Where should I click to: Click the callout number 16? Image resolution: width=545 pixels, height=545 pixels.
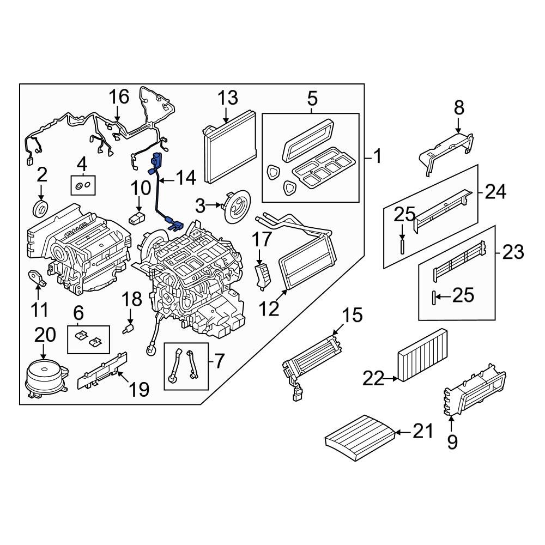pyautogui.click(x=118, y=97)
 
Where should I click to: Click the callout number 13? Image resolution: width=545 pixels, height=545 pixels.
pyautogui.click(x=228, y=98)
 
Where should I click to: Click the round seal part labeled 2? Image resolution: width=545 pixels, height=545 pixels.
pyautogui.click(x=41, y=208)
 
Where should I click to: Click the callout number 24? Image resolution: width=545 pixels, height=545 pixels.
pyautogui.click(x=495, y=192)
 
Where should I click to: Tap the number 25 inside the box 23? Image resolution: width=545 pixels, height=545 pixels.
pyautogui.click(x=463, y=296)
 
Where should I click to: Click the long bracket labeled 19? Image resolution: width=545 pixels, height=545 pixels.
pyautogui.click(x=104, y=370)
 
